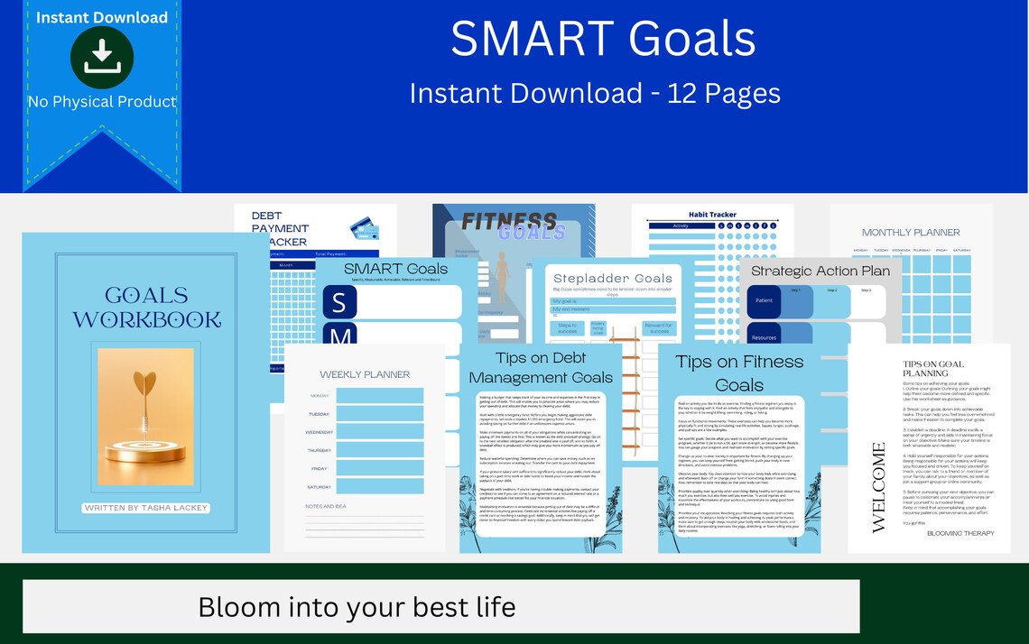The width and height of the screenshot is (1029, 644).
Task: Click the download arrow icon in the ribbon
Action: [102, 57]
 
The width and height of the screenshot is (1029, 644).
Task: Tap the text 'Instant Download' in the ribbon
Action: [102, 17]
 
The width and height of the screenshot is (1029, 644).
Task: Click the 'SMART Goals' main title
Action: [603, 39]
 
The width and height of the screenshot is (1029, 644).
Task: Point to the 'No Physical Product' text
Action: [102, 101]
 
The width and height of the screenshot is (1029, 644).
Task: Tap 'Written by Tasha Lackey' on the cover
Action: [145, 508]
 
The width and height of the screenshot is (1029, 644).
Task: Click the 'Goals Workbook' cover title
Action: [146, 307]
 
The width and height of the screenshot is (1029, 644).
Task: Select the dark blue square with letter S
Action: [339, 302]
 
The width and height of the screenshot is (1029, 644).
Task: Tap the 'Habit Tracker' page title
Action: [712, 215]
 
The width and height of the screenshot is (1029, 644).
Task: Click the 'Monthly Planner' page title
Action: [911, 232]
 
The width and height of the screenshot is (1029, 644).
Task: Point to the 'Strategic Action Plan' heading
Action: [820, 271]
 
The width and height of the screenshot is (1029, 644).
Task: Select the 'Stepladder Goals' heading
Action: [613, 278]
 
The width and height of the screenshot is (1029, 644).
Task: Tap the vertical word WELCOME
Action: [877, 487]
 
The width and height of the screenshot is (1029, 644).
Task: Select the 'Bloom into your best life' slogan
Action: [357, 606]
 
